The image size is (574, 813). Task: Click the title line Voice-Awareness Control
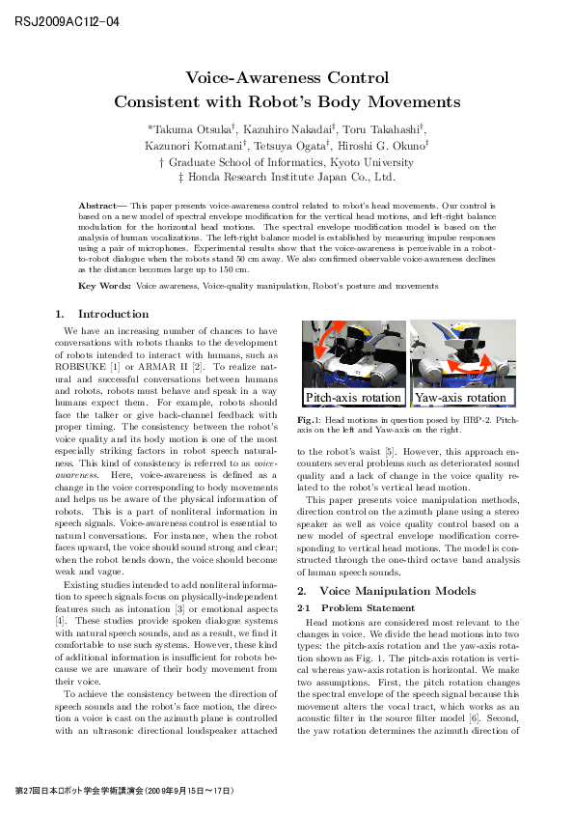point(287,78)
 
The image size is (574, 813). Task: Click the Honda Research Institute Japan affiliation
point(287,178)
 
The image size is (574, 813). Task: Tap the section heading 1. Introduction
point(102,314)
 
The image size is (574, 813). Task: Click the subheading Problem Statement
point(368,608)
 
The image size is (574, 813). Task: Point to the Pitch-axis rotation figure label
point(353,398)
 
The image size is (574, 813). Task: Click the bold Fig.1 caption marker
point(308,421)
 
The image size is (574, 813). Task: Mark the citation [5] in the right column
point(383,450)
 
